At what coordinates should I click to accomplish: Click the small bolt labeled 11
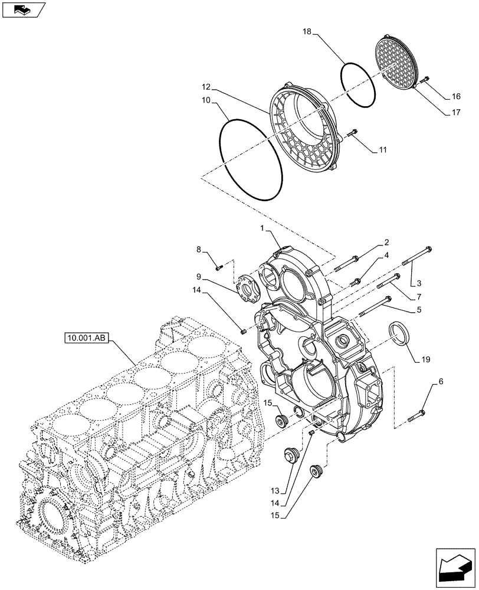353,134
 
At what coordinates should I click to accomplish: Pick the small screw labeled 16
425,79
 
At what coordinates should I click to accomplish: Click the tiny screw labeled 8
219,267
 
